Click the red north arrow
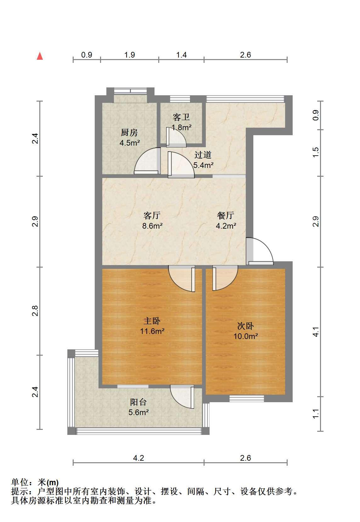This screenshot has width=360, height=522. click(x=40, y=56)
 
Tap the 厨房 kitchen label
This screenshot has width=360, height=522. click(x=129, y=133)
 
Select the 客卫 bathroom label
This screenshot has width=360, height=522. click(x=181, y=117)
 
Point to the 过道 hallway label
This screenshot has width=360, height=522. click(x=203, y=155)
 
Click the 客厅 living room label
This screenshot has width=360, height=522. click(x=152, y=215)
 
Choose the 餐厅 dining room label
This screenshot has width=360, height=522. click(x=225, y=215)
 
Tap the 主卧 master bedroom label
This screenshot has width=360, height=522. click(x=152, y=321)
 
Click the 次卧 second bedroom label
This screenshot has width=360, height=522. click(x=245, y=326)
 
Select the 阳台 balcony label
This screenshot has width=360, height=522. click(x=138, y=402)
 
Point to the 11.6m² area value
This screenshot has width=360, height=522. click(x=152, y=331)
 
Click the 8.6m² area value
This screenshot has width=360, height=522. click(x=152, y=226)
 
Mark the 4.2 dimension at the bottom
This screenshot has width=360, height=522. click(x=138, y=458)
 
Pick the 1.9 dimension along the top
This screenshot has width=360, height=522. click(x=129, y=55)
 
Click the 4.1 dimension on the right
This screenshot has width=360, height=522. click(x=315, y=332)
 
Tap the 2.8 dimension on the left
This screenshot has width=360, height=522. click(x=35, y=311)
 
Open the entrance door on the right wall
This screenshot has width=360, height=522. click(x=260, y=251)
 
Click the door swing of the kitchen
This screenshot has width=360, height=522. click(x=147, y=161)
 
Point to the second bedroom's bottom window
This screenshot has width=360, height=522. click(x=246, y=398)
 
